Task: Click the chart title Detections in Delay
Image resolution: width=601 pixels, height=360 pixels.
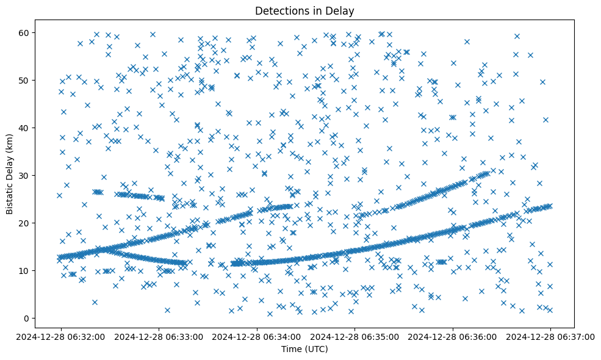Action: pyautogui.click(x=304, y=10)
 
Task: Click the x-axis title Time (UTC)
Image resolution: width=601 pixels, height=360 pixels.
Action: pyautogui.click(x=304, y=349)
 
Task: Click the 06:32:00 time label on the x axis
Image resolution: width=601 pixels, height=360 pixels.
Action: pyautogui.click(x=60, y=336)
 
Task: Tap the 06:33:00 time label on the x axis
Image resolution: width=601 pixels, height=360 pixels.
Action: pyautogui.click(x=158, y=336)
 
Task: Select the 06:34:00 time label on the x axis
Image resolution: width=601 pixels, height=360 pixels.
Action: pyautogui.click(x=256, y=336)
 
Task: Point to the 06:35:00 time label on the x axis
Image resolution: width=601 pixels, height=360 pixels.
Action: pyautogui.click(x=354, y=336)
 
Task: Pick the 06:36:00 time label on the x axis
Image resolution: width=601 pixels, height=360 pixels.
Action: pyautogui.click(x=453, y=336)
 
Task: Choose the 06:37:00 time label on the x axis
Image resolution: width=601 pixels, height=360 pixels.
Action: pyautogui.click(x=550, y=336)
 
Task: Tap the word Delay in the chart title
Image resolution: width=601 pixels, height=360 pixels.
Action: pyautogui.click(x=342, y=10)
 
